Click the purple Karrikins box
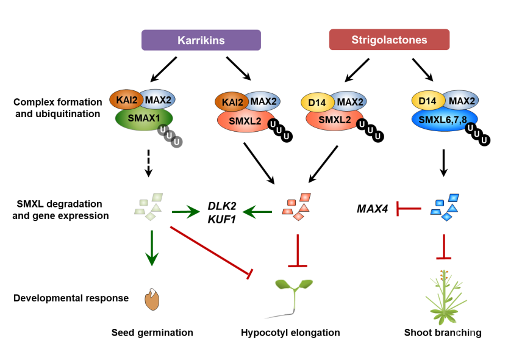(201, 40)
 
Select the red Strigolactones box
(389, 40)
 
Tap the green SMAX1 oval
(144, 119)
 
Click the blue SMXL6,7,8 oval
(444, 120)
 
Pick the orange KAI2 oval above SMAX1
(126, 99)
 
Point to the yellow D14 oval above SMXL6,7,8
(428, 101)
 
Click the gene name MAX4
(373, 209)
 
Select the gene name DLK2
(222, 206)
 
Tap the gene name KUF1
(222, 219)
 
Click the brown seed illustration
(152, 300)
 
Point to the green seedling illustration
(293, 297)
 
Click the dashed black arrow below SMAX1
(149, 164)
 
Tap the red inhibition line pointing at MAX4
(409, 209)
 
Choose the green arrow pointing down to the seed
(152, 248)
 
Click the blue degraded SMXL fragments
(445, 207)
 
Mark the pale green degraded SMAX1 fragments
(149, 207)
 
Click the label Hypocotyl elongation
(290, 333)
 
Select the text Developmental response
(71, 298)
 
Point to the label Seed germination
(152, 333)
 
